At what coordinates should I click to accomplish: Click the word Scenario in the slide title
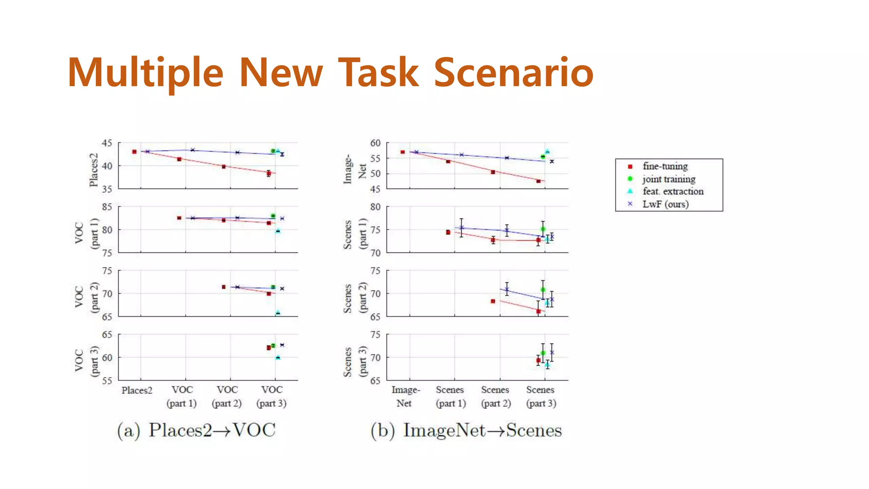[x=513, y=73]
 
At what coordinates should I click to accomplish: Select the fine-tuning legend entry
[x=664, y=166]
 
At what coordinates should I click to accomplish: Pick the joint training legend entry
[x=668, y=179]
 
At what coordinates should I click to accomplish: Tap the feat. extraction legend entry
[x=673, y=191]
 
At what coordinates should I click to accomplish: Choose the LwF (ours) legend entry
[x=665, y=204]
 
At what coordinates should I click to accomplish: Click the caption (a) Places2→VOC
[x=196, y=430]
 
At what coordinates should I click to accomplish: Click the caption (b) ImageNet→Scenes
[x=466, y=430]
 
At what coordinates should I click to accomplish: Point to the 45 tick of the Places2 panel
[x=107, y=143]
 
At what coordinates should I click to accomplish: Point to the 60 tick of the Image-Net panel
[x=375, y=143]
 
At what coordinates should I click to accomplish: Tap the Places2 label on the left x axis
[x=137, y=390]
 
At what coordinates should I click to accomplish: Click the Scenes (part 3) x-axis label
[x=541, y=396]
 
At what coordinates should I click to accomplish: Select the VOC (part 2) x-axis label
[x=227, y=396]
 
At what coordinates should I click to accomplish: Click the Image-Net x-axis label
[x=405, y=396]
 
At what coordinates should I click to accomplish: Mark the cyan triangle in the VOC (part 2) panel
[x=278, y=313]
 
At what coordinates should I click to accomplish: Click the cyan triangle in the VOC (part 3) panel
[x=278, y=357]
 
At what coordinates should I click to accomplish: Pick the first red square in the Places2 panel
[x=135, y=152]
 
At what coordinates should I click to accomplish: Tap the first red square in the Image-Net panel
[x=403, y=152]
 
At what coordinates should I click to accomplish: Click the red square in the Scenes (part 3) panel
[x=538, y=360]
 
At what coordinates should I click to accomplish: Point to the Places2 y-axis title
[x=93, y=170]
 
